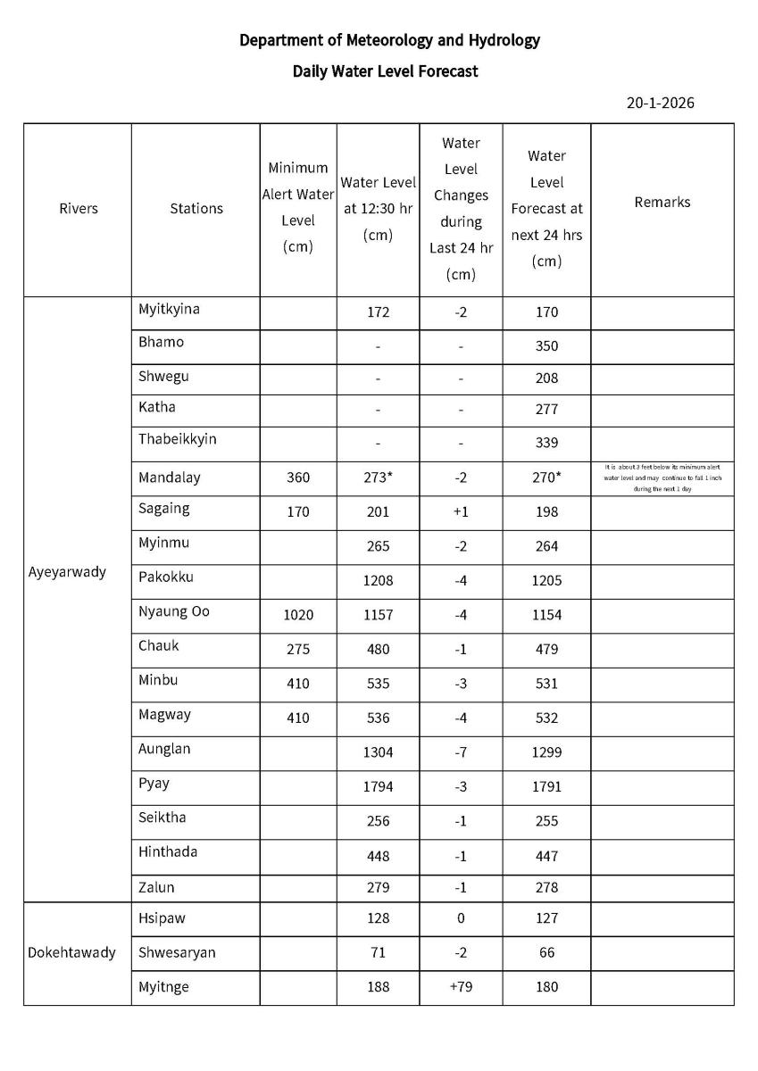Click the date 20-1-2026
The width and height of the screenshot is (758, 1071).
[660, 103]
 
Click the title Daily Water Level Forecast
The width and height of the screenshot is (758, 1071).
[385, 71]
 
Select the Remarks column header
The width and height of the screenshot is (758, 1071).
[662, 202]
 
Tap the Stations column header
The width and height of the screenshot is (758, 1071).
[196, 208]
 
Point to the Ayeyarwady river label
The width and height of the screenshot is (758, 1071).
[67, 571]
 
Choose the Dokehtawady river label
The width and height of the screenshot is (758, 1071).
[71, 952]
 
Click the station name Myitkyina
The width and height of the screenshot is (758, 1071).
[169, 309]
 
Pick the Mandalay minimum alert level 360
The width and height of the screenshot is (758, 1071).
[298, 477]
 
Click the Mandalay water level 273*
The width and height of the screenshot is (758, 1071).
[378, 477]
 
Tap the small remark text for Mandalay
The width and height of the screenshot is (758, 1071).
[662, 477]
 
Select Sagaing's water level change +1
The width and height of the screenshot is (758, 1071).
[461, 511]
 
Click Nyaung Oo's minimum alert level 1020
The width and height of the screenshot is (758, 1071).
[298, 615]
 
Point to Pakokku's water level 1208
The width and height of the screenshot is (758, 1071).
[378, 580]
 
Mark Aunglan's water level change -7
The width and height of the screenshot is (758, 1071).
[461, 751]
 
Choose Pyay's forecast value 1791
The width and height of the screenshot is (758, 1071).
[546, 787]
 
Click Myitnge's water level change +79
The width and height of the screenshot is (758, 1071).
[461, 987]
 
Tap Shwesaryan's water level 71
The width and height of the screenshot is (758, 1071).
[378, 952]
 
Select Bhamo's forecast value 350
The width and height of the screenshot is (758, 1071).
[546, 346]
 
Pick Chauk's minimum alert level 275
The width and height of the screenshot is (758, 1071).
[298, 649]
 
